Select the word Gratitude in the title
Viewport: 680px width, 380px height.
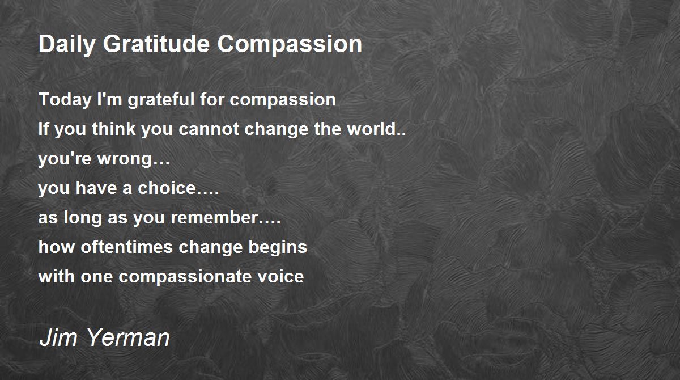(156, 44)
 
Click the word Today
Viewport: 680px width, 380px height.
(65, 100)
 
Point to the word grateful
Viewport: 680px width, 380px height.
(161, 100)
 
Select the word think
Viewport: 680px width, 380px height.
(114, 129)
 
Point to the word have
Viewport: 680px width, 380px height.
(96, 188)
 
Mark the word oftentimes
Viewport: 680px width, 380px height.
(126, 247)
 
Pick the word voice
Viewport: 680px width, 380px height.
(280, 276)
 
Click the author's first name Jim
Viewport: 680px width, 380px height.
(58, 337)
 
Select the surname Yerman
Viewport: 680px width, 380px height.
(129, 337)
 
